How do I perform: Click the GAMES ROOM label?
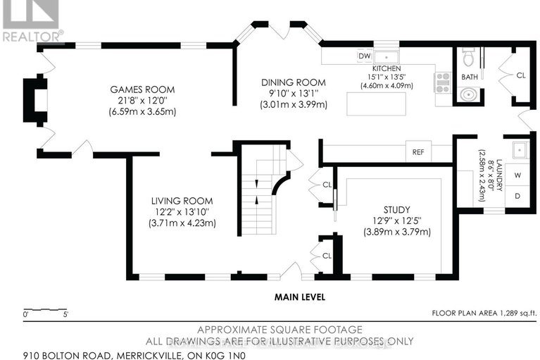[142, 89]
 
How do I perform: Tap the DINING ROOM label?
[294, 82]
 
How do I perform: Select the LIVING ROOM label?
[182, 201]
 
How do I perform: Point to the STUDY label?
[397, 210]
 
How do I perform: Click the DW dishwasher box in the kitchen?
[365, 56]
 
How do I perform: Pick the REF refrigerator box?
[418, 152]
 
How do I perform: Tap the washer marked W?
[517, 175]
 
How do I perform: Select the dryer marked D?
[517, 196]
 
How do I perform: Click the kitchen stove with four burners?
[443, 82]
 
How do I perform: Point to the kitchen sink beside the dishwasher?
[387, 57]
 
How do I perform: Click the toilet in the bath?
[468, 57]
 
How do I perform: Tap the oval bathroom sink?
[468, 94]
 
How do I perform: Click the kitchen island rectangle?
[377, 104]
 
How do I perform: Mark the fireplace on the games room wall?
[35, 100]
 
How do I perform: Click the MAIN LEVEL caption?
[300, 297]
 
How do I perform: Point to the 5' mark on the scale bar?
[65, 314]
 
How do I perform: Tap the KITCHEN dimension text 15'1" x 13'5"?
[387, 77]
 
